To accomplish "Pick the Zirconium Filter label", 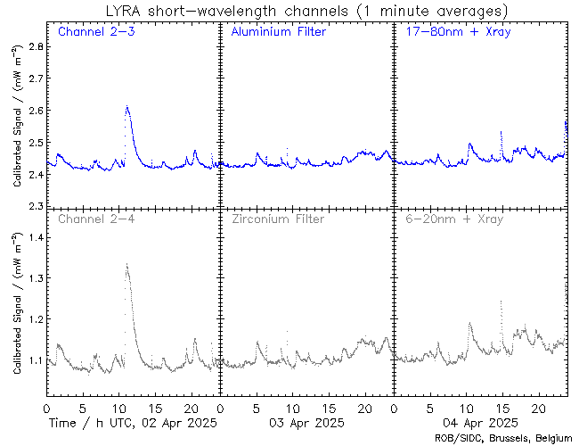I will click(x=277, y=219).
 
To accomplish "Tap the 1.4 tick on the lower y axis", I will click(x=34, y=238).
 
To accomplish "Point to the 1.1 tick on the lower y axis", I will click(x=34, y=360).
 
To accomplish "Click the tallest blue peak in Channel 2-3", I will click(x=127, y=107).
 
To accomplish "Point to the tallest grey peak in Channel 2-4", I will click(x=127, y=265).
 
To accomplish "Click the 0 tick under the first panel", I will click(x=46, y=408).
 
